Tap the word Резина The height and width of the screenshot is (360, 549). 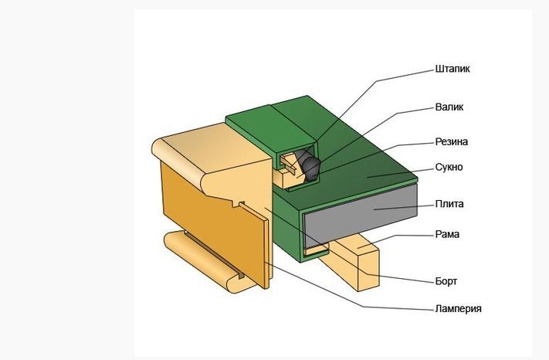pyautogui.click(x=452, y=142)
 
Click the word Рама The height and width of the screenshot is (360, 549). pyautogui.click(x=448, y=234)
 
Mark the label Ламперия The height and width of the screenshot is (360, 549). pyautogui.click(x=458, y=309)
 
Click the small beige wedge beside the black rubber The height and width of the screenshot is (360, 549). pyautogui.click(x=291, y=163)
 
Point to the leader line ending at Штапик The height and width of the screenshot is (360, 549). pyautogui.click(x=402, y=73)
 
